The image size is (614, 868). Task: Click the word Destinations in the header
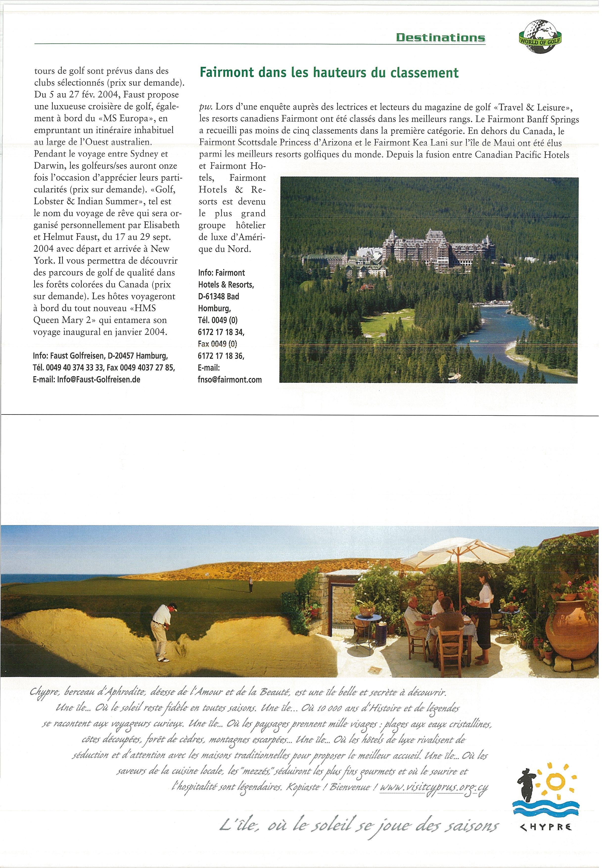(x=440, y=37)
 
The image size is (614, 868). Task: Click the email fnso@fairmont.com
(x=230, y=380)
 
